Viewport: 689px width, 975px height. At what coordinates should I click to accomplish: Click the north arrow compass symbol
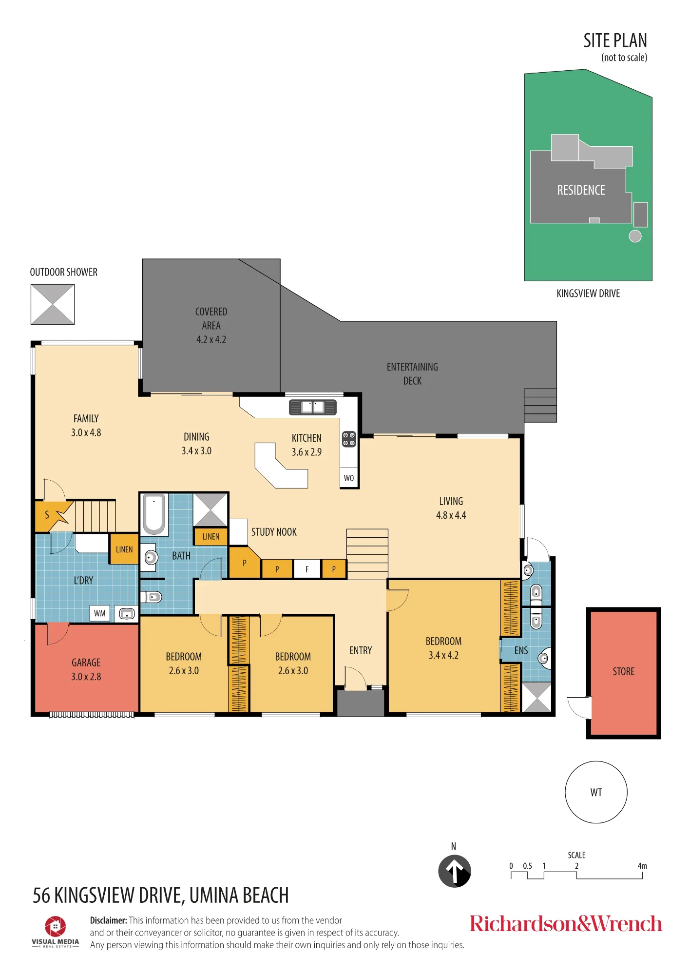pyautogui.click(x=454, y=871)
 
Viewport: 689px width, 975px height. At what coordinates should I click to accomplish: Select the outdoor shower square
pyautogui.click(x=53, y=304)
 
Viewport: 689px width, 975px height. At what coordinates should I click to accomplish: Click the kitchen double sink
pyautogui.click(x=313, y=407)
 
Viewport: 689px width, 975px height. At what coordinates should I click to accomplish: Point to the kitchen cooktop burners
pyautogui.click(x=349, y=439)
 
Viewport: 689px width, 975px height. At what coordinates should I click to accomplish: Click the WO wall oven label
pyautogui.click(x=349, y=478)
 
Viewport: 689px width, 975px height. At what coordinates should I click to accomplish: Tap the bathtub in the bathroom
pyautogui.click(x=154, y=514)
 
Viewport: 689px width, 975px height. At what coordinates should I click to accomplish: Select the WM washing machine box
pyautogui.click(x=100, y=614)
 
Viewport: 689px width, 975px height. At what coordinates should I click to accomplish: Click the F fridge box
pyautogui.click(x=307, y=569)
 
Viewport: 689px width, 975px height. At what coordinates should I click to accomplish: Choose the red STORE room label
pyautogui.click(x=624, y=672)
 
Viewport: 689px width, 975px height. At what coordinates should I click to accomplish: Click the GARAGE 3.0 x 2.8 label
pyautogui.click(x=86, y=669)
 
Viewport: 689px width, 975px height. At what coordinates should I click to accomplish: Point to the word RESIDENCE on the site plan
pyautogui.click(x=581, y=190)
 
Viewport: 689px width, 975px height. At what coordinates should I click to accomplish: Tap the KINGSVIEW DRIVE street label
pyautogui.click(x=588, y=293)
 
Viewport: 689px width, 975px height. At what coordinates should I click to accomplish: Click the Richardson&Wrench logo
pyautogui.click(x=566, y=924)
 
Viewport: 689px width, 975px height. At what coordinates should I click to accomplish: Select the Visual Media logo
pyautogui.click(x=55, y=932)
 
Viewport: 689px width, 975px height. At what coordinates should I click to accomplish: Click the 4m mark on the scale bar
pyautogui.click(x=642, y=866)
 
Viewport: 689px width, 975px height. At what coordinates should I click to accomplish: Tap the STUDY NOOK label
pyautogui.click(x=274, y=532)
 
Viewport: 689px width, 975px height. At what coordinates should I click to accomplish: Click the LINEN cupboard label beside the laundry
pyautogui.click(x=124, y=549)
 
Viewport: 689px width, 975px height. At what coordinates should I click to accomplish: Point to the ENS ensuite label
pyautogui.click(x=521, y=651)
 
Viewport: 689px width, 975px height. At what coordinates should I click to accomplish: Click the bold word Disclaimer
pyautogui.click(x=108, y=920)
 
